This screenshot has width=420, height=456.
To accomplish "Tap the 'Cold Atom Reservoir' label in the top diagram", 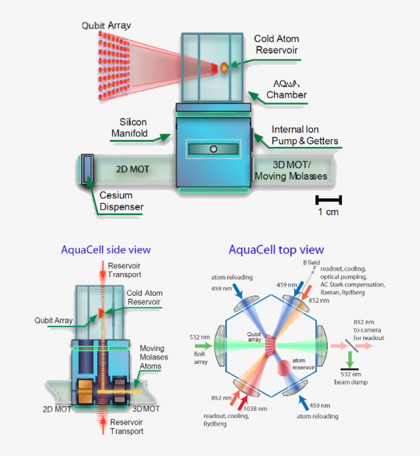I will click(277, 44).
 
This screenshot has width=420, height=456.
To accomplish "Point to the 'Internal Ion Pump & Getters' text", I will click(305, 135).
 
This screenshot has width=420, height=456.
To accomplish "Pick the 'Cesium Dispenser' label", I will click(121, 201).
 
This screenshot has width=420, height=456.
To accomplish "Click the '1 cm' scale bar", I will click(328, 200).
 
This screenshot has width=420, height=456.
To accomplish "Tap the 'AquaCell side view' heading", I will click(106, 250).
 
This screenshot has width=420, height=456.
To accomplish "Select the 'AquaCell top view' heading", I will click(277, 250).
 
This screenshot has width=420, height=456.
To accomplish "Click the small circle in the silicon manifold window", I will click(214, 149).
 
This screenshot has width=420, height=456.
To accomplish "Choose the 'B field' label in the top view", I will click(310, 262).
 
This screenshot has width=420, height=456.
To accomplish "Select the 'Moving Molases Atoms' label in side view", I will click(154, 357).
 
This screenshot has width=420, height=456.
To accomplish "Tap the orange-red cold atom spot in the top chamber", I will click(224, 67).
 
